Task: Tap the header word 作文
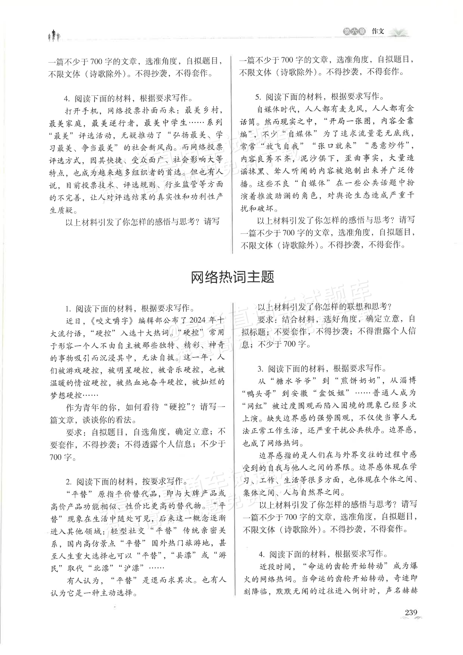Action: pos(378,32)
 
